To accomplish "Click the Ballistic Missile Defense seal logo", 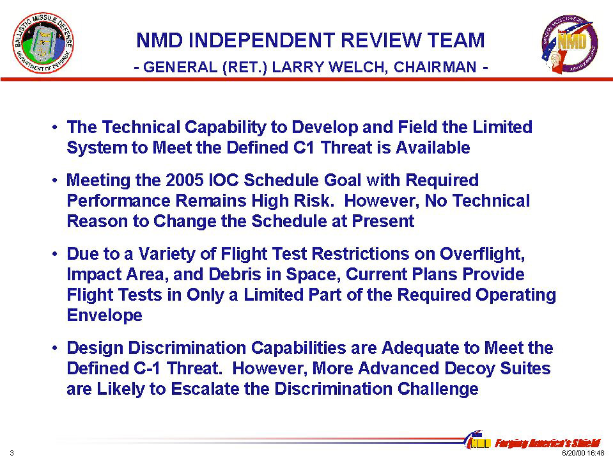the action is pyautogui.click(x=43, y=43).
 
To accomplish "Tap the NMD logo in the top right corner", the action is pyautogui.click(x=570, y=44).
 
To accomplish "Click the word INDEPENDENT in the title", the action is pyautogui.click(x=261, y=40).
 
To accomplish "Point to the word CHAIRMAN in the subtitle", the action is pyautogui.click(x=435, y=67).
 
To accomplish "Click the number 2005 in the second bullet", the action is pyautogui.click(x=185, y=180).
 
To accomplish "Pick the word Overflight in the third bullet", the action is pyautogui.click(x=482, y=254).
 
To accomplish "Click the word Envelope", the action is pyautogui.click(x=104, y=315).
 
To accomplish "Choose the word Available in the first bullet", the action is pyautogui.click(x=433, y=148).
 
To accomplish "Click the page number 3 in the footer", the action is pyautogui.click(x=12, y=453).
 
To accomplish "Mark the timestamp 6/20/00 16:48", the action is pyautogui.click(x=583, y=454).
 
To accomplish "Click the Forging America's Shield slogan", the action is pyautogui.click(x=547, y=443).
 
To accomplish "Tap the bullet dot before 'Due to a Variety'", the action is pyautogui.click(x=55, y=254).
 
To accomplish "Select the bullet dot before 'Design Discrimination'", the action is pyautogui.click(x=55, y=348).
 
